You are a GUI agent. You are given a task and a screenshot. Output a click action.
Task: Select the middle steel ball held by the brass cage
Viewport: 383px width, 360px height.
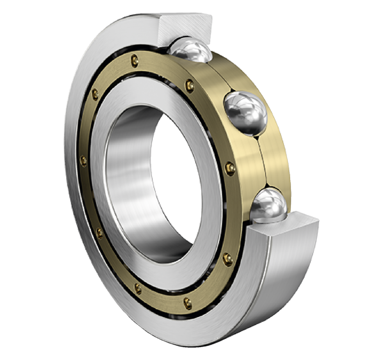(x=246, y=112)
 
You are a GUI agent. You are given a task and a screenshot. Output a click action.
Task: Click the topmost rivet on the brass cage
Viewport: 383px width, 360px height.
(x=135, y=61)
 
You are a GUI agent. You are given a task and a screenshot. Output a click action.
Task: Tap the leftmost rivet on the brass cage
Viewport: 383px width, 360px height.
(x=83, y=161)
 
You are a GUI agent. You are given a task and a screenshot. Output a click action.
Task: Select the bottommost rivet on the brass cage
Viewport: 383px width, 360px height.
(x=188, y=303)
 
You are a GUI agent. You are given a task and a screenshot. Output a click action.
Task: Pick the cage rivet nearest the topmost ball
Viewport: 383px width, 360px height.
(x=189, y=85)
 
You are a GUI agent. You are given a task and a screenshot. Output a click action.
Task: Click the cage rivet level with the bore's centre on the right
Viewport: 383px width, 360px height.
(x=230, y=168)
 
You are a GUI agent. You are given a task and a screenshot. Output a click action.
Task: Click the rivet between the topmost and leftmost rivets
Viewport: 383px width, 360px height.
(x=95, y=94)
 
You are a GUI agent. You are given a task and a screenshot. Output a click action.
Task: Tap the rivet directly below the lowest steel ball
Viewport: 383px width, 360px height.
(x=228, y=259)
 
